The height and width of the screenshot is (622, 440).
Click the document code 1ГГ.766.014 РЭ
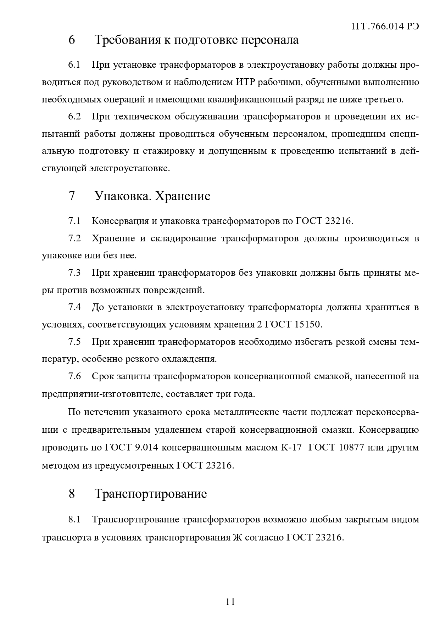point(384,27)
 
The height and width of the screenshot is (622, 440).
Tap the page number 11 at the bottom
point(230,601)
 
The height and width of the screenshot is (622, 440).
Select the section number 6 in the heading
point(72,40)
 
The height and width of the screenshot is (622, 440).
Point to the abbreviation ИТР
point(245,82)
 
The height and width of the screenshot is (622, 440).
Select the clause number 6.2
point(74,117)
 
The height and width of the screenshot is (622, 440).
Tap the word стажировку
point(168,151)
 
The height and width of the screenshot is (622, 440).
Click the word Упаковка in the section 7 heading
point(123,196)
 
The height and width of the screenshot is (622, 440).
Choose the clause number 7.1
point(74,221)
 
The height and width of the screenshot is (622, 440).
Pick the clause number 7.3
point(74,273)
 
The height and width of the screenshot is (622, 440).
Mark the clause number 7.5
point(74,342)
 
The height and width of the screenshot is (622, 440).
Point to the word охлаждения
point(189,359)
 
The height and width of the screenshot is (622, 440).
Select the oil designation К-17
point(291,447)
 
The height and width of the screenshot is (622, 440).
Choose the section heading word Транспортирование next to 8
point(151,494)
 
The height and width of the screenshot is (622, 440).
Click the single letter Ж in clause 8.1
point(236,537)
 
